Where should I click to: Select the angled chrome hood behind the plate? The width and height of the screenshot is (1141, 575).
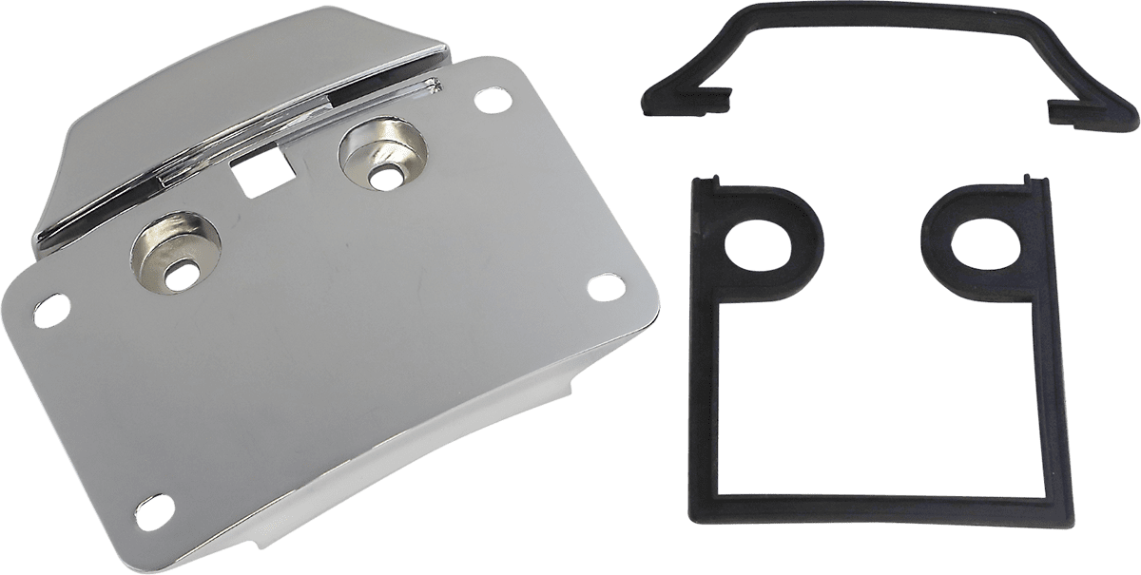click(x=238, y=86)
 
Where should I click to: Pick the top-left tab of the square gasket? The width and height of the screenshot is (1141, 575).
click(x=706, y=180)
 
